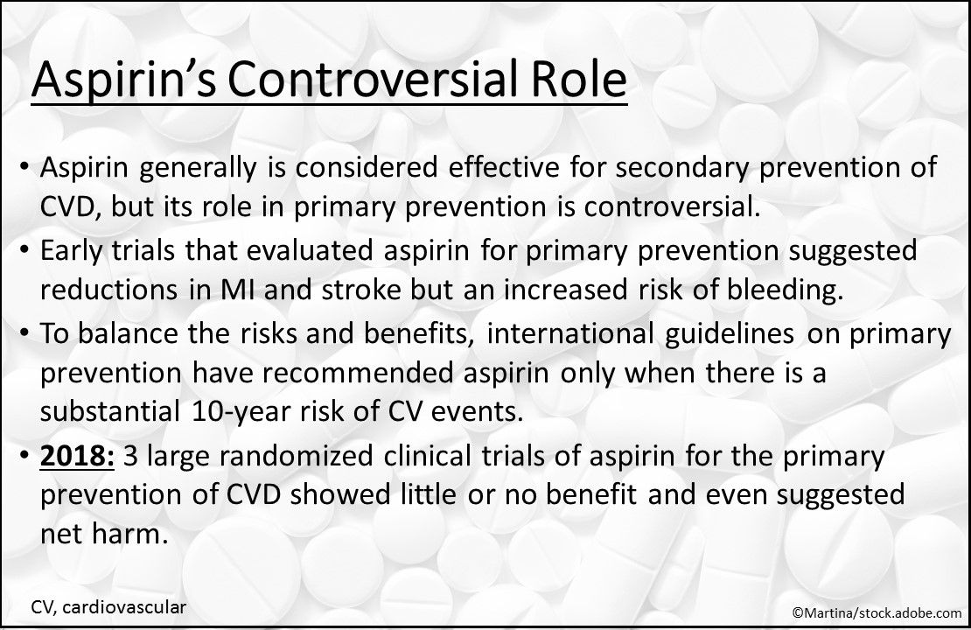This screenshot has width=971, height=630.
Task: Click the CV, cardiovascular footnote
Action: click(108, 605)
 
